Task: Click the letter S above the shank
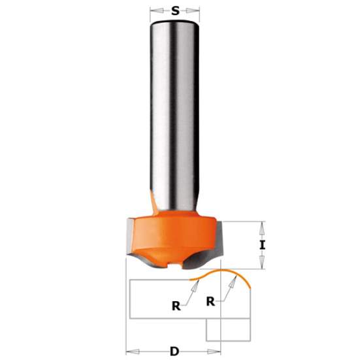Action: coord(175,10)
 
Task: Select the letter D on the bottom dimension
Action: coord(174,351)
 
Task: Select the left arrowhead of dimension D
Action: coord(128,351)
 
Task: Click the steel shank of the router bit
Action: coord(174,111)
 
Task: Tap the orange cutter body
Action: coord(173,232)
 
